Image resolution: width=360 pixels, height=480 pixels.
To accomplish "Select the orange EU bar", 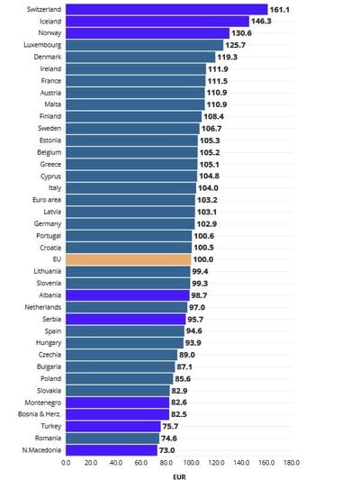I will coord(128,258).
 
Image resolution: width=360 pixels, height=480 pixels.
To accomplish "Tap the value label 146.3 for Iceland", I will coord(264,21).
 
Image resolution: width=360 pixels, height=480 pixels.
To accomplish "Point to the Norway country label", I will coord(49,32).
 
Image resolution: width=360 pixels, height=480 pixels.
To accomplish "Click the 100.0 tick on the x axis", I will coord(191,462).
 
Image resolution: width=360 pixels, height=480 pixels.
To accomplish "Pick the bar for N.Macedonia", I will coord(111,449).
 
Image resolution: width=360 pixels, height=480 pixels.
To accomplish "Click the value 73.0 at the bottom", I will coord(167,449).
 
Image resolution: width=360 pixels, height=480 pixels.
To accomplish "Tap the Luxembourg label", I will coord(43,44).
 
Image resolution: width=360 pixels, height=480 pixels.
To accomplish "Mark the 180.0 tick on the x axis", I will coord(292,462).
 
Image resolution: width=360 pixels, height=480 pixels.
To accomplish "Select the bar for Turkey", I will coord(112,426).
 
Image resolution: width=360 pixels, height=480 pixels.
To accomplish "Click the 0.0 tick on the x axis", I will coord(66,462).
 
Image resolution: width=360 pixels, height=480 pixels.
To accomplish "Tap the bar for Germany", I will coord(130,222).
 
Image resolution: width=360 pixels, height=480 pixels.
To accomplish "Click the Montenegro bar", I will coord(117,402).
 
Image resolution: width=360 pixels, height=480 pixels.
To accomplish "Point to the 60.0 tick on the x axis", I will coord(140,462).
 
